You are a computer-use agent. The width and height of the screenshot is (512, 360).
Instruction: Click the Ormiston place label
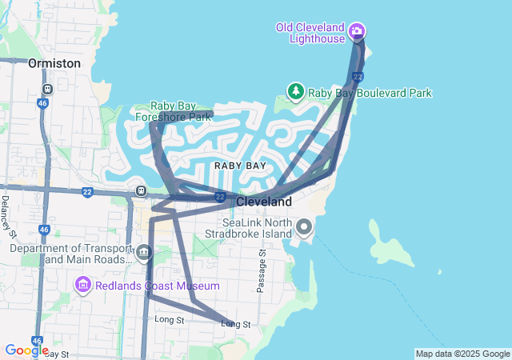pyautogui.click(x=54, y=62)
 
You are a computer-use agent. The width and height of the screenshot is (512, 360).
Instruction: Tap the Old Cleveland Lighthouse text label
pyautogui.click(x=310, y=33)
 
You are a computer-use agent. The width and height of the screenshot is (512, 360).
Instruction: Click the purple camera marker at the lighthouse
pyautogui.click(x=357, y=32)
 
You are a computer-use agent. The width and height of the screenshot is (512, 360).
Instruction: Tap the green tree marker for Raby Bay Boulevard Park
pyautogui.click(x=295, y=92)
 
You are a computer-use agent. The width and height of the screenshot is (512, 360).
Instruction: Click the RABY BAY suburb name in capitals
pyautogui.click(x=240, y=165)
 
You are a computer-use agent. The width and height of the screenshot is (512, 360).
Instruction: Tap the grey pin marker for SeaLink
pyautogui.click(x=304, y=228)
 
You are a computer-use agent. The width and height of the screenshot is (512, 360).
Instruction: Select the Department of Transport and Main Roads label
pyautogui.click(x=71, y=254)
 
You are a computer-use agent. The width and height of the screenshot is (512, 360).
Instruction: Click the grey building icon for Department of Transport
pyautogui.click(x=144, y=254)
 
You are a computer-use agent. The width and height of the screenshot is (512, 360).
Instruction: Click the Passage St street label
pyautogui.click(x=261, y=270)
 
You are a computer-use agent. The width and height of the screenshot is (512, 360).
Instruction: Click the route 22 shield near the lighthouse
pyautogui.click(x=358, y=77)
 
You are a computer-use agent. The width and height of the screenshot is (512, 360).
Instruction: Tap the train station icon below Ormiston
pyautogui.click(x=47, y=89)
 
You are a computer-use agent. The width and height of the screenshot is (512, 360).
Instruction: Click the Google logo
pyautogui.click(x=26, y=350)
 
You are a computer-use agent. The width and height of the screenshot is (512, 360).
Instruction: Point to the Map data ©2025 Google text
pyautogui.click(x=462, y=354)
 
